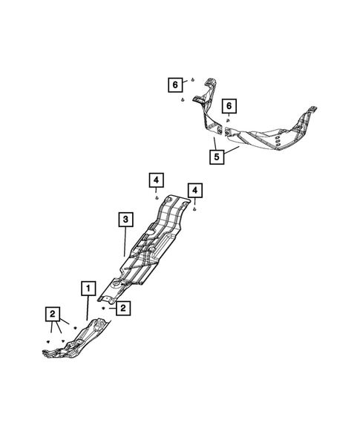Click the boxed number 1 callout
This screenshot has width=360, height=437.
click(x=88, y=287)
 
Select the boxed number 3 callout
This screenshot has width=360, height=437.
click(x=125, y=219)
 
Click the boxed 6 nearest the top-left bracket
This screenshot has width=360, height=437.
click(x=176, y=85)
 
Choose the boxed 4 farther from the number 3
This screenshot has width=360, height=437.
click(x=194, y=191)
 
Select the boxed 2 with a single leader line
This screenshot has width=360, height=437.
click(x=124, y=306)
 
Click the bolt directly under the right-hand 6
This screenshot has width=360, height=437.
click(x=229, y=119)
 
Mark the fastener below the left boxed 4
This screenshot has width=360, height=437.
click(x=156, y=198)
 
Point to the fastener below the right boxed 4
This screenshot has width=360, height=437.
click(x=194, y=209)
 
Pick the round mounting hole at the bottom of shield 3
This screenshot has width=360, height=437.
click(x=116, y=283)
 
